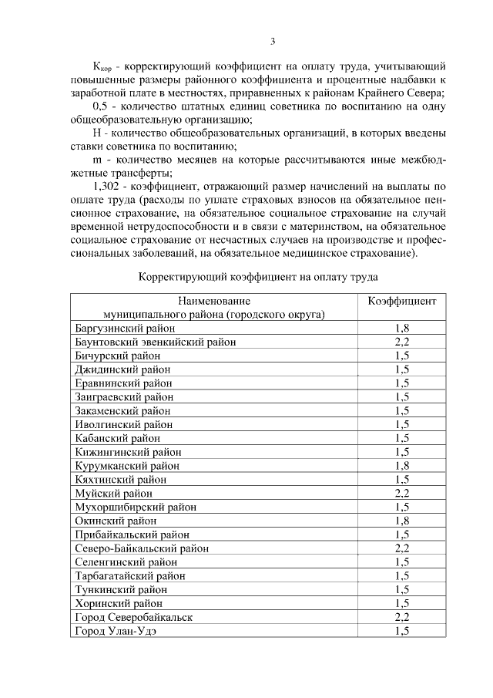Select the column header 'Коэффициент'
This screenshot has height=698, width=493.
click(x=401, y=301)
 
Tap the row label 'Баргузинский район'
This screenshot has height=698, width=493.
click(x=125, y=328)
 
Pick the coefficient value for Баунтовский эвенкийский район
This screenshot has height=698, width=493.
click(x=401, y=342)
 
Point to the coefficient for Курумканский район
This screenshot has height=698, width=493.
click(x=401, y=466)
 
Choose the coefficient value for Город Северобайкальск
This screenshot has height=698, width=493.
click(x=401, y=617)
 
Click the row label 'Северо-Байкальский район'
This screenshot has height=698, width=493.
click(x=142, y=548)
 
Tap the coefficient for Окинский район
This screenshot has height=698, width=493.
click(x=401, y=521)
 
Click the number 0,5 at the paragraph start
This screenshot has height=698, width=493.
click(x=100, y=107)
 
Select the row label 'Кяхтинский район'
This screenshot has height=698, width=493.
click(x=120, y=480)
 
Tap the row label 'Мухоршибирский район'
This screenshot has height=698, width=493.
click(x=136, y=507)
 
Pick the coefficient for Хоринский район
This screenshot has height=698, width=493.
click(x=401, y=603)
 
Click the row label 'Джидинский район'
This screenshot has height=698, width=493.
click(x=122, y=369)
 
